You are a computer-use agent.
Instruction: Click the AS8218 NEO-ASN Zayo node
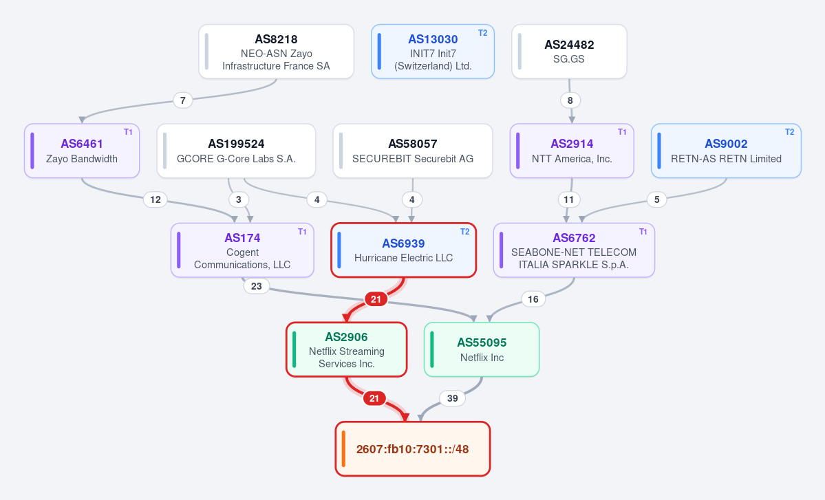click(x=276, y=52)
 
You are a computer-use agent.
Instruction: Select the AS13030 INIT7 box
click(x=433, y=52)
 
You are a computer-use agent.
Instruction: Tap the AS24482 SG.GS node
click(x=569, y=52)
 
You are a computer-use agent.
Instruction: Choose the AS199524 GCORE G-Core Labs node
click(x=236, y=151)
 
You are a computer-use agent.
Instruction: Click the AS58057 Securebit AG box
click(x=413, y=151)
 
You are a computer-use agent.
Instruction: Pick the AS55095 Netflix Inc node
click(x=482, y=349)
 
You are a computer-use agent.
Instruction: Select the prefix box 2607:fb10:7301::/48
click(x=413, y=449)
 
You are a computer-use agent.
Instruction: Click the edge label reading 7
click(x=182, y=100)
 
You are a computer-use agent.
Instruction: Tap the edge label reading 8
click(x=570, y=100)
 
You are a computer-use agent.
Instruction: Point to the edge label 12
click(x=156, y=199)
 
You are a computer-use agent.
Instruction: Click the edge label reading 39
click(x=453, y=398)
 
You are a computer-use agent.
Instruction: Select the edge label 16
click(x=533, y=299)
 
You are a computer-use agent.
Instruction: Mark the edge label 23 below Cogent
click(x=256, y=286)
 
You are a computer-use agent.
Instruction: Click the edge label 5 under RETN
click(x=656, y=199)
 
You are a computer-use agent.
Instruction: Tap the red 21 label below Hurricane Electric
click(x=376, y=299)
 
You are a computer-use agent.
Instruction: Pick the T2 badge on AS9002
click(x=790, y=132)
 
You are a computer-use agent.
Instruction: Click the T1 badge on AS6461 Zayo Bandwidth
click(x=129, y=132)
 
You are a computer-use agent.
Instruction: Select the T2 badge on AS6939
click(x=464, y=231)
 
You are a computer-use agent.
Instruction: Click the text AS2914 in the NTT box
click(x=572, y=144)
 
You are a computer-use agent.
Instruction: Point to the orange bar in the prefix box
click(x=343, y=449)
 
